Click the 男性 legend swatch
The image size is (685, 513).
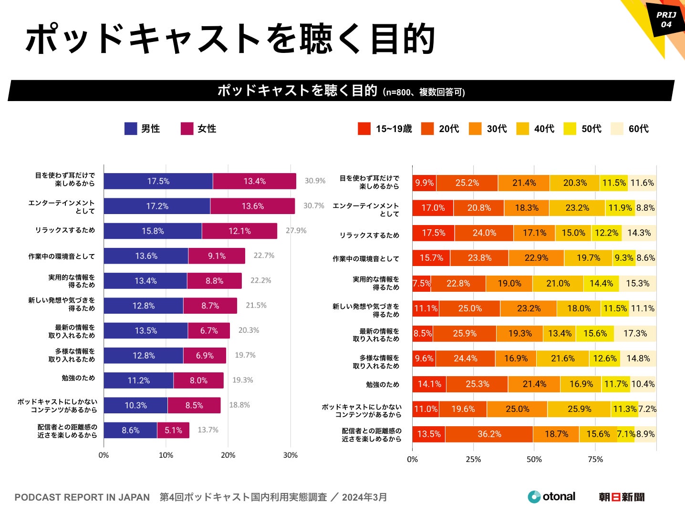click(x=131, y=129)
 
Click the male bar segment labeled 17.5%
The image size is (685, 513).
click(x=158, y=181)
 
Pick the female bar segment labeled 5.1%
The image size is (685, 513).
click(x=173, y=430)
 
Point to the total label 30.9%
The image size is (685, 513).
click(x=315, y=181)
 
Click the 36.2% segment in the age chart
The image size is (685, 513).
click(x=489, y=434)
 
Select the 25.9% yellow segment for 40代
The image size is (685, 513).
click(x=579, y=409)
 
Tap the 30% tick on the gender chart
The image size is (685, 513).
click(x=290, y=455)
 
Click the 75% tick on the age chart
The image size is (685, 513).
click(x=595, y=459)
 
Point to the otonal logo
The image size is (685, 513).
click(x=552, y=497)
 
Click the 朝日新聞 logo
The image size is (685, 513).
click(x=621, y=497)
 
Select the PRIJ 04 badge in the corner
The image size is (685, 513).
click(x=666, y=20)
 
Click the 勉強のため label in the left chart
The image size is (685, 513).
click(x=78, y=378)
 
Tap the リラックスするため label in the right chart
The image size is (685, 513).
click(x=369, y=235)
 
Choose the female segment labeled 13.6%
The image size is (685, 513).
click(x=252, y=206)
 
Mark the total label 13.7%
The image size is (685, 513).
click(x=208, y=430)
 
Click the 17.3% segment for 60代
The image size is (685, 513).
click(x=635, y=333)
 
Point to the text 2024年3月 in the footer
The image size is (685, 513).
click(x=364, y=497)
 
